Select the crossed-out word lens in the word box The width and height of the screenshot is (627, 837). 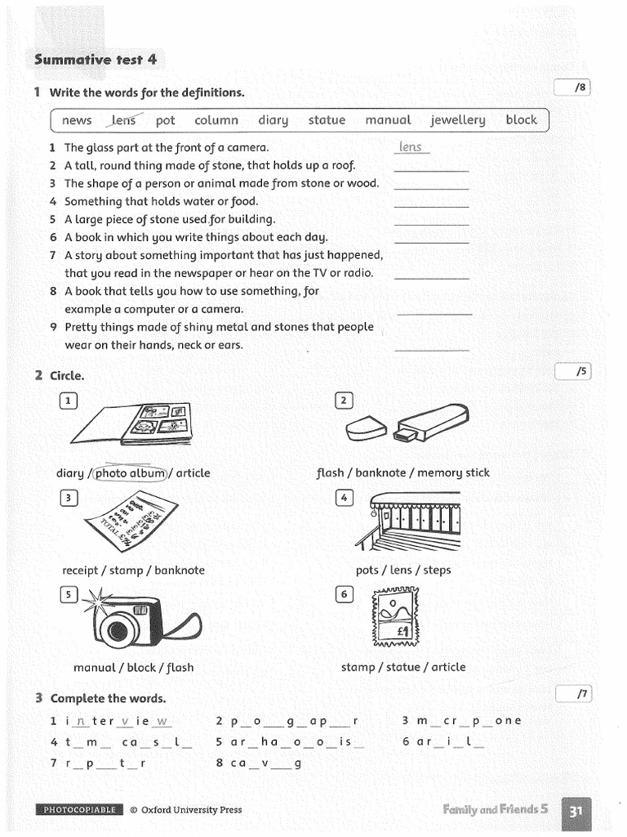(x=124, y=120)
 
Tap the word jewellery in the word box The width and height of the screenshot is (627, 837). (x=457, y=120)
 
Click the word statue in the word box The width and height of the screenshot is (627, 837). (x=327, y=120)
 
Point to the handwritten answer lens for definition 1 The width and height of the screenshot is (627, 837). (x=411, y=147)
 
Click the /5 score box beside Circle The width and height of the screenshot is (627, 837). (x=572, y=372)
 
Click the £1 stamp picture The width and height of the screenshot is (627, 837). (x=394, y=616)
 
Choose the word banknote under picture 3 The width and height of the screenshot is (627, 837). (x=180, y=570)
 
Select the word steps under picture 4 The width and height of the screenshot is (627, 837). (x=437, y=570)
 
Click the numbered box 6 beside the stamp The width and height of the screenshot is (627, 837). (x=344, y=594)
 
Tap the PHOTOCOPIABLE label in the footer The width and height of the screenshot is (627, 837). (x=79, y=810)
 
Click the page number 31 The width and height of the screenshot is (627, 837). (x=576, y=811)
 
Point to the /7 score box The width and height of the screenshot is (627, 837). (x=572, y=694)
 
